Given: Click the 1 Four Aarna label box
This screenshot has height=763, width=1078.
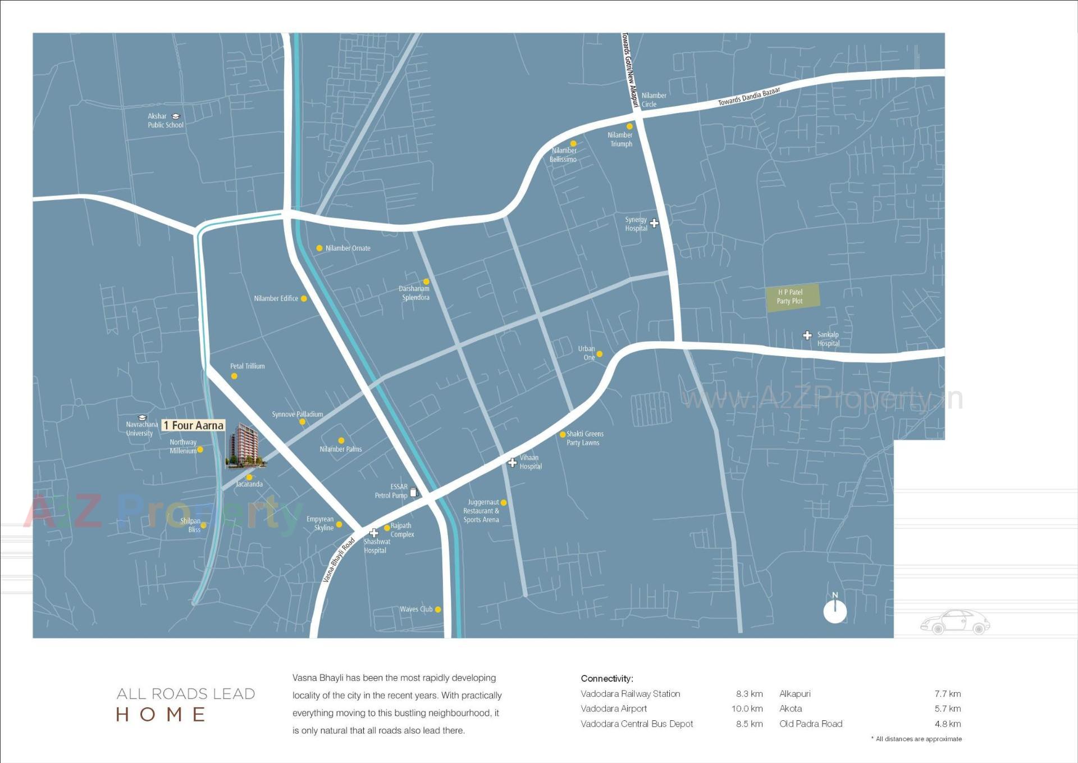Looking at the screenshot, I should click(x=193, y=425).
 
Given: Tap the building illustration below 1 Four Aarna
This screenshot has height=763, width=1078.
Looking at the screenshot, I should click(x=245, y=446).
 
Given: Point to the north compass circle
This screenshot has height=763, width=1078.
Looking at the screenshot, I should click(x=835, y=611).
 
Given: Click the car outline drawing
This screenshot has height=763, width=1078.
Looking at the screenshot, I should click(x=954, y=622).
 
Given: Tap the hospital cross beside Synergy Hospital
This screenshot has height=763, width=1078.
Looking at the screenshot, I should click(x=654, y=223).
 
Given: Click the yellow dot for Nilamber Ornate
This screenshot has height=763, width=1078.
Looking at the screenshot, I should click(x=319, y=248).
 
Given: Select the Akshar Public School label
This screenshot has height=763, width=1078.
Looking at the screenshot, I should click(x=165, y=120).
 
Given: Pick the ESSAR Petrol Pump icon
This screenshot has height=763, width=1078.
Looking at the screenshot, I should click(x=414, y=492).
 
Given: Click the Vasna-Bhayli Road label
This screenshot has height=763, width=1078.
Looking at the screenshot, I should click(x=339, y=560).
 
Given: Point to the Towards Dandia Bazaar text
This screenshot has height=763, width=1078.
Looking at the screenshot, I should click(x=749, y=97).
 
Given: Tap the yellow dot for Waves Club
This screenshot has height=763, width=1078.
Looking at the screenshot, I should click(x=438, y=609).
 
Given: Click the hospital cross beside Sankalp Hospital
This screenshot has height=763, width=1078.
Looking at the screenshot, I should click(x=807, y=335).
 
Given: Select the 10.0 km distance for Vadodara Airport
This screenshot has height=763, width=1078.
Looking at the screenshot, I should click(x=747, y=708).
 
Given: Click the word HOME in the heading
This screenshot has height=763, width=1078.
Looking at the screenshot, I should click(x=161, y=714).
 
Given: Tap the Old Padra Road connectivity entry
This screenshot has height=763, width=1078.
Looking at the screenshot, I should click(x=811, y=724).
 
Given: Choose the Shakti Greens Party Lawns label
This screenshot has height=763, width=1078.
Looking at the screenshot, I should click(x=584, y=438).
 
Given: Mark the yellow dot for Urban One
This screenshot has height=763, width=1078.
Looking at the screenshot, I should click(x=599, y=354).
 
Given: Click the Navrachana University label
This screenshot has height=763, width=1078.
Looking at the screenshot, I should click(x=140, y=428).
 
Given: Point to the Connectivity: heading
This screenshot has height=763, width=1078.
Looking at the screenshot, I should click(x=607, y=678).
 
